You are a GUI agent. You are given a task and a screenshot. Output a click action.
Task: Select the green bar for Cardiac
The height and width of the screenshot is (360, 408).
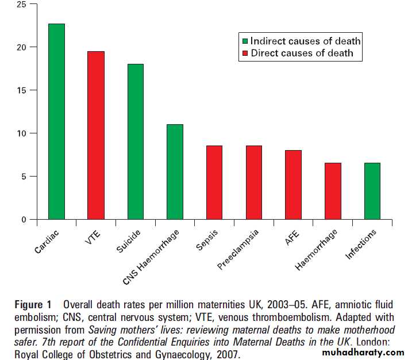(x=56, y=121)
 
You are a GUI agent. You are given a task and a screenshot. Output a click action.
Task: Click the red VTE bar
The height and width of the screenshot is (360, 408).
(x=96, y=135)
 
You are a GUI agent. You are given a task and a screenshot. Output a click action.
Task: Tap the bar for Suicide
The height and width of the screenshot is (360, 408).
(x=136, y=141)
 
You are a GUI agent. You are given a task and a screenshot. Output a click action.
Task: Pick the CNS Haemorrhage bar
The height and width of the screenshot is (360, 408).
(x=175, y=172)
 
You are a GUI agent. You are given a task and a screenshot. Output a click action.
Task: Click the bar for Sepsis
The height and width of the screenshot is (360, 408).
(x=214, y=182)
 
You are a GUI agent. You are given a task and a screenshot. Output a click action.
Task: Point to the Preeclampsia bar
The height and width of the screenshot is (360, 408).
(x=253, y=182)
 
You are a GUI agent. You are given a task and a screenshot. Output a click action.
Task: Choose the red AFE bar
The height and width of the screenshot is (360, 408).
(x=293, y=185)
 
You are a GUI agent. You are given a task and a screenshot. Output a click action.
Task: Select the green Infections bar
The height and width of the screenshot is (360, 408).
(x=372, y=191)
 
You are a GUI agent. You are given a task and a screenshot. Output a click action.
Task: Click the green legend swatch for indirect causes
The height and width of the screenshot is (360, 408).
(x=244, y=41)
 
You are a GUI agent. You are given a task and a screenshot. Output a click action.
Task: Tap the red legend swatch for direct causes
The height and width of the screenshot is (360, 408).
(x=244, y=53)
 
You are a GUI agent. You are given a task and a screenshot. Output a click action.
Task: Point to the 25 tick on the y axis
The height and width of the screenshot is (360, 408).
(x=21, y=5)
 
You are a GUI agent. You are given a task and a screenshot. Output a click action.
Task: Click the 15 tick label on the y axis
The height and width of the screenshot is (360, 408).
(x=21, y=90)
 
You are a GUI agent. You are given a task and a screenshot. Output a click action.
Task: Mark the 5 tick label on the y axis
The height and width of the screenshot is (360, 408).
(x=24, y=177)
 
